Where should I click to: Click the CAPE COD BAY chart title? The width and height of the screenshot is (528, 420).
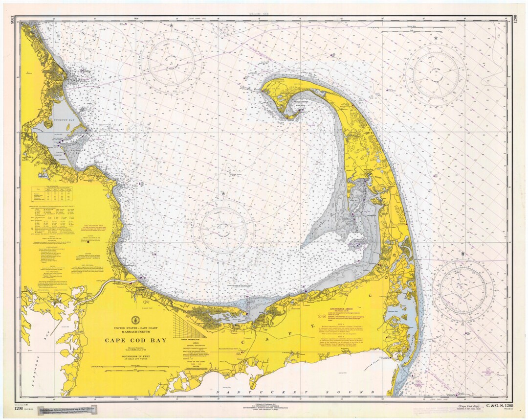pos(135,340)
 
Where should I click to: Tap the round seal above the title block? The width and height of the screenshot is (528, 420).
pos(135,320)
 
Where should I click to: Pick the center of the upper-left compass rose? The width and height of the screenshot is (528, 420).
pos(171,63)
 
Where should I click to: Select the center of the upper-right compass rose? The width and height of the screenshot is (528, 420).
pos(435,74)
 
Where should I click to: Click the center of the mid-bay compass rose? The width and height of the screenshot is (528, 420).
pos(223,230)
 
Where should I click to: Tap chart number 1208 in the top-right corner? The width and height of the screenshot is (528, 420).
pos(515,19)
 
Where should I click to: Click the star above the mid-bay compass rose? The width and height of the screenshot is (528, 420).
pos(223,193)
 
